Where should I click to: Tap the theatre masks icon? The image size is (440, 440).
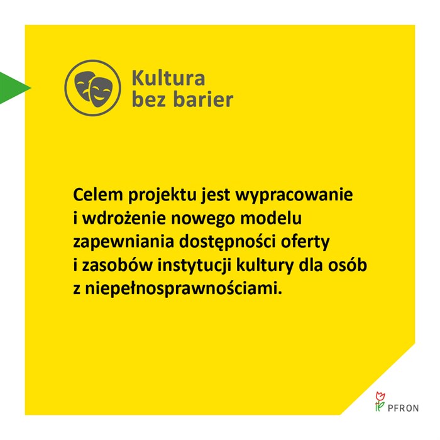pos(92,88)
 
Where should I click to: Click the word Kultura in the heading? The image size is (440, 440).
pos(168,78)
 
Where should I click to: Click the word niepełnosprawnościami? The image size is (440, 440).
pos(174,289)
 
